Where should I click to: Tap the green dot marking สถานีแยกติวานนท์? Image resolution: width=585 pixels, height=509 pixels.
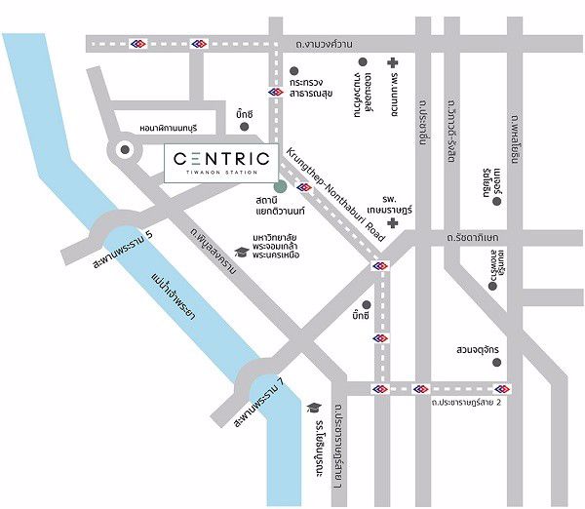281,185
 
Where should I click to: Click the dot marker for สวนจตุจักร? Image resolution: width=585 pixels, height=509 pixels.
498,363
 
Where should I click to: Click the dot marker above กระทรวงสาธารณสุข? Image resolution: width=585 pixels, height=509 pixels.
294,70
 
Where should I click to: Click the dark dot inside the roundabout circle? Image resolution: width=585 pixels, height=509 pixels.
126,150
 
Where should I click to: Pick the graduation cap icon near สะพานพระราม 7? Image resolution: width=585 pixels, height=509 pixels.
313,408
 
